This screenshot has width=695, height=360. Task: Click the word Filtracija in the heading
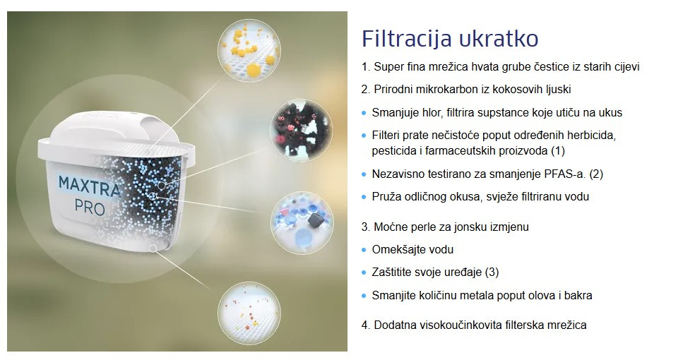point(406,39)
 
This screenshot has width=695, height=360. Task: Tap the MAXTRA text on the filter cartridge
point(89,186)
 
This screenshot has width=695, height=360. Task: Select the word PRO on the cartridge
point(90,208)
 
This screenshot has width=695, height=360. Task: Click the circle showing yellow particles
point(249,51)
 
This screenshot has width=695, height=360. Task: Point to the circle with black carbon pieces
point(301,129)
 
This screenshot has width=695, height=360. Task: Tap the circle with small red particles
point(249,313)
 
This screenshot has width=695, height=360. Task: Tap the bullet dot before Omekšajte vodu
point(364,250)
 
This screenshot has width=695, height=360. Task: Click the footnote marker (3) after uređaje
point(492,272)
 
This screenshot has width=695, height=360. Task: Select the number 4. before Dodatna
point(366,325)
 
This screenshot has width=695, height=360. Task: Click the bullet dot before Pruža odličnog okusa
point(364,197)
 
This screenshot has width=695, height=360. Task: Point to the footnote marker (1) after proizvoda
point(558,150)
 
